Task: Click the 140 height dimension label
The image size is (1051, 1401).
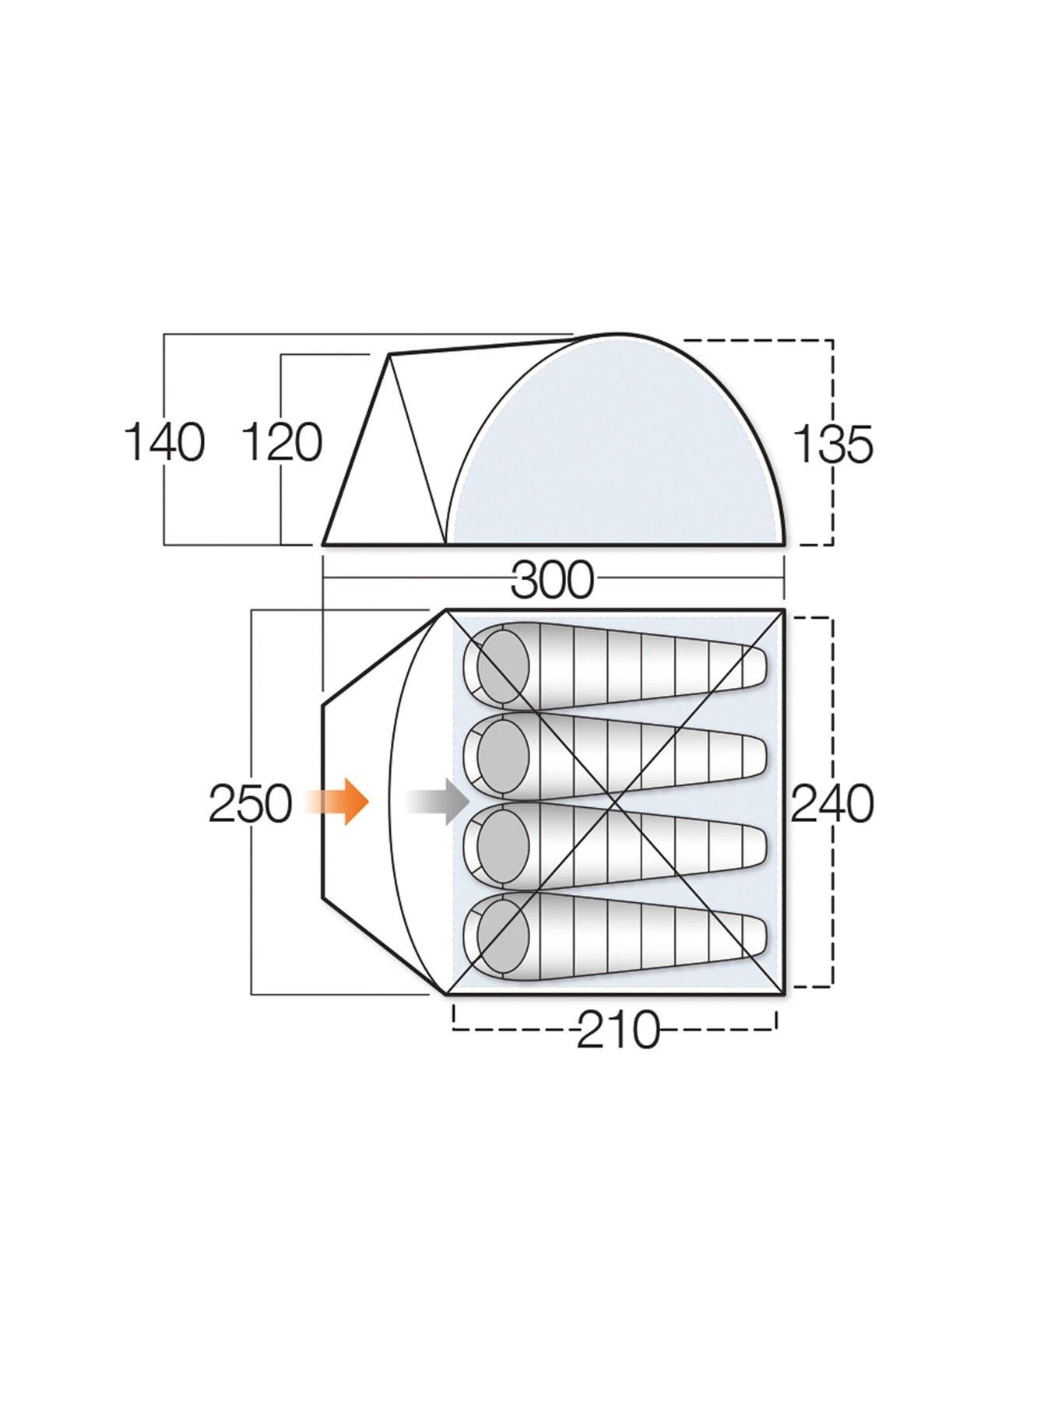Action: tap(164, 442)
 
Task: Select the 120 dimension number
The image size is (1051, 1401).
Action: tap(282, 442)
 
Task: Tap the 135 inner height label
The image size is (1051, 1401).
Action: tap(833, 446)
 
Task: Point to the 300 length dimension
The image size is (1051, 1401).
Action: tap(552, 580)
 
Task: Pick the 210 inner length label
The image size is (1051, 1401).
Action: tap(617, 1031)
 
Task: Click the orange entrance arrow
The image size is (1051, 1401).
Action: tap(336, 801)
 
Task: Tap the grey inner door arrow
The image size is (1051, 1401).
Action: tap(437, 801)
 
